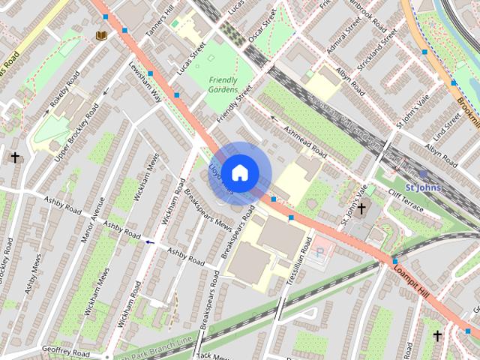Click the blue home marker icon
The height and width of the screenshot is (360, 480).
[238, 173]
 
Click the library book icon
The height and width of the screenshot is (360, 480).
[101, 34]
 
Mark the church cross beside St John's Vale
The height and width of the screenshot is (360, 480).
[361, 208]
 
